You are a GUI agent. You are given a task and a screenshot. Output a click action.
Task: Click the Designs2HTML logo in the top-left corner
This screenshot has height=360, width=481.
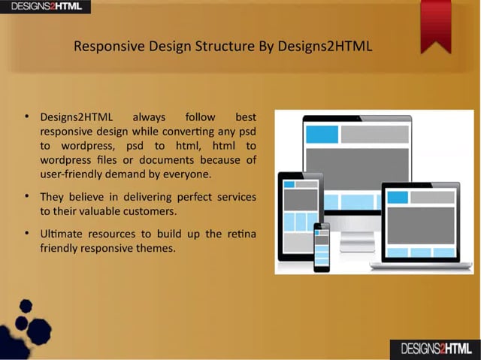point(45,7)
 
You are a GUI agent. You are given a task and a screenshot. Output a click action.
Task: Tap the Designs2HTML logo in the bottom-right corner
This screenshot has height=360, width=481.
point(436,349)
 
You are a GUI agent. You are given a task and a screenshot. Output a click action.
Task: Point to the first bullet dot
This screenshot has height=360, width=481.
point(27,116)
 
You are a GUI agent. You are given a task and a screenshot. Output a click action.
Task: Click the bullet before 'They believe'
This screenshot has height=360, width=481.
point(27,196)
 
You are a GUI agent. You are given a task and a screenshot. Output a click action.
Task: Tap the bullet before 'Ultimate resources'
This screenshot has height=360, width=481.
point(27,234)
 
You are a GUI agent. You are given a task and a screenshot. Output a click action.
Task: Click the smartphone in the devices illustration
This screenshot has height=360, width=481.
point(322,246)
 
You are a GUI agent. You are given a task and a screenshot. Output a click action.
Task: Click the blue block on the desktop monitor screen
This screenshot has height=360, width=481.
point(322,135)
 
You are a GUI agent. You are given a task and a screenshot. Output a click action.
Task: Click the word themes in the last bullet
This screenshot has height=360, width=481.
point(159,248)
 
